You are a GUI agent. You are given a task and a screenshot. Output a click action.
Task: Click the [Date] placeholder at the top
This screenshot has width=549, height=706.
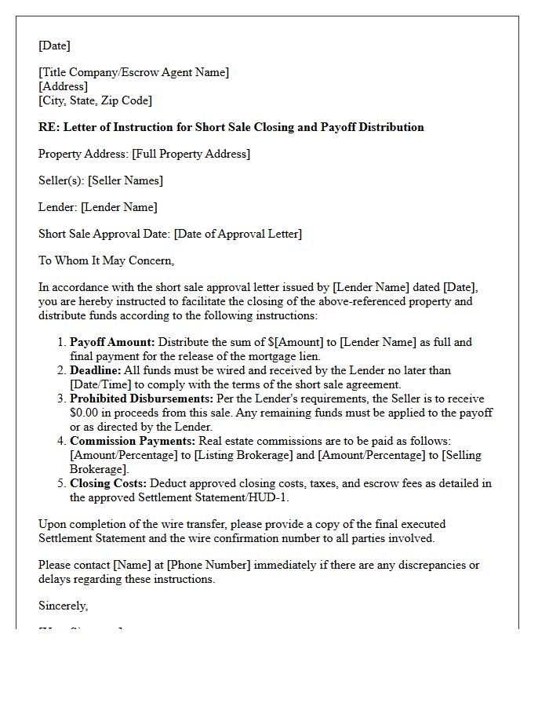click(54, 45)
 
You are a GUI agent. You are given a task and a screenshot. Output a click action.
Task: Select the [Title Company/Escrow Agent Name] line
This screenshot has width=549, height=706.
click(133, 72)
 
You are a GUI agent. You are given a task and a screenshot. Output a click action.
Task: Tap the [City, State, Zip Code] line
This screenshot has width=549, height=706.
click(95, 100)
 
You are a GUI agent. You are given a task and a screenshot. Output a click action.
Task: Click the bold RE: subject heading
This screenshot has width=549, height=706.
click(231, 127)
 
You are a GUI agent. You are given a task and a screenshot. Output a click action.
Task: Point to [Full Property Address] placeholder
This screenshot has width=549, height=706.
click(192, 154)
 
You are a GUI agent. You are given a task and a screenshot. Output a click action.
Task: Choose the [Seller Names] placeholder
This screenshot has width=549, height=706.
click(125, 180)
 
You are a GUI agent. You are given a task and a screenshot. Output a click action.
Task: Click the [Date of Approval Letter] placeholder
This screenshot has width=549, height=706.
click(238, 234)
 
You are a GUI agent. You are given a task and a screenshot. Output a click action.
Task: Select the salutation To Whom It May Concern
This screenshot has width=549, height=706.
click(106, 260)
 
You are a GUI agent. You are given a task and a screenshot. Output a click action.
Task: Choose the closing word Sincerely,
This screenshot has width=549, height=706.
click(64, 606)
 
